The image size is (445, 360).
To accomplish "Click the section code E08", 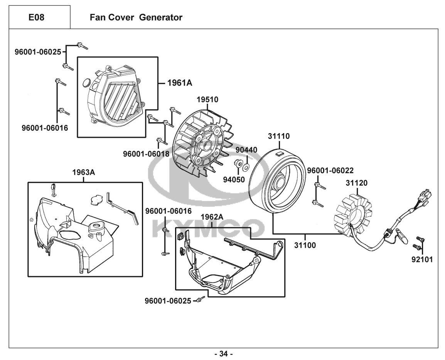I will click(39, 17).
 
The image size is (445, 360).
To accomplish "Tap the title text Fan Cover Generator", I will click(136, 17).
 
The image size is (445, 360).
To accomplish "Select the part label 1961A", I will click(179, 83).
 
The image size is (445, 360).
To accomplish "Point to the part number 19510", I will click(207, 100).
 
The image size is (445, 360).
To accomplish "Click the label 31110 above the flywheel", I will click(279, 136).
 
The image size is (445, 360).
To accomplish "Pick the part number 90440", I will click(246, 150).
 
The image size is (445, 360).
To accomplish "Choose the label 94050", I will click(234, 179).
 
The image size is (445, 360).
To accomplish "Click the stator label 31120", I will click(356, 183).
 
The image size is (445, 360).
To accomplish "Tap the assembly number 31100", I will click(305, 245).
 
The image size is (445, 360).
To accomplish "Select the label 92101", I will click(422, 260).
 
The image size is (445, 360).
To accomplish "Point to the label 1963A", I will click(83, 172).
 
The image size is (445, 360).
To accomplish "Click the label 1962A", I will click(212, 217).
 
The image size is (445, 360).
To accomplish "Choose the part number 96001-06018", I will click(146, 154).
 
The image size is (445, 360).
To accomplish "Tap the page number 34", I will click(223, 353).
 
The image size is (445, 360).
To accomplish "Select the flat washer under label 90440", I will click(246, 167).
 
